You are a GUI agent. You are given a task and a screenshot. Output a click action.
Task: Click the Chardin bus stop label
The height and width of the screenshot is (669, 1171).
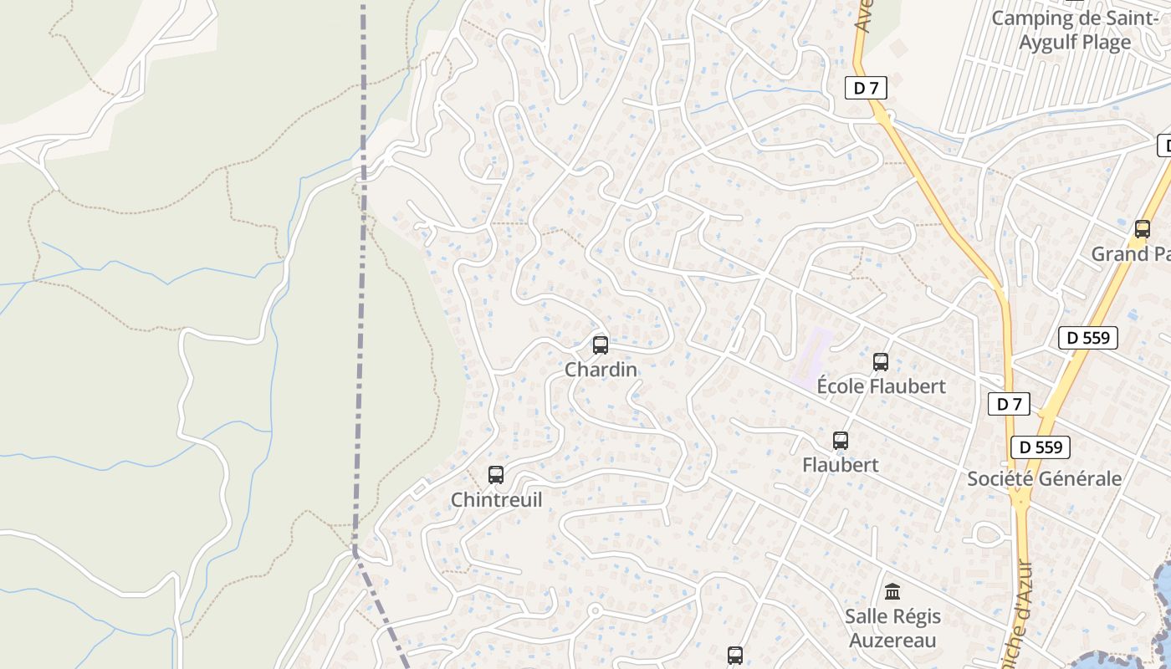[601, 370]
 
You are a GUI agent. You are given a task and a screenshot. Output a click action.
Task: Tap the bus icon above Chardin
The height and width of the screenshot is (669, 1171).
[601, 345]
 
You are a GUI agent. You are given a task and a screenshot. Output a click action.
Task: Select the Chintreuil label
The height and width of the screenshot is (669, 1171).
[496, 500]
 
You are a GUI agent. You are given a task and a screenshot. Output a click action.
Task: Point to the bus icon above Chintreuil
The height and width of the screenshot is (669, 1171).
[496, 475]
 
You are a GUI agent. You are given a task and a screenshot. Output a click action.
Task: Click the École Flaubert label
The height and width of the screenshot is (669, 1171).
[881, 386]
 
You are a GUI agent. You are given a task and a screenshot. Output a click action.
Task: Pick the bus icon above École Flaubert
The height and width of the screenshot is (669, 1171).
[881, 362]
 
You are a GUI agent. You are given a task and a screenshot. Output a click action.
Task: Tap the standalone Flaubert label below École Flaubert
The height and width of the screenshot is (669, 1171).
[841, 465]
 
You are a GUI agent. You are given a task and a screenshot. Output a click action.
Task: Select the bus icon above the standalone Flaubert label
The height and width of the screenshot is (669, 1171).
[841, 441]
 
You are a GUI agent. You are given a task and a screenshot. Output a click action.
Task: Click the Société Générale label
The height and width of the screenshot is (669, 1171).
[1044, 479]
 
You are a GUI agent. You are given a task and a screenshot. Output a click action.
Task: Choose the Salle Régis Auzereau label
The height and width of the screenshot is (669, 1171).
[892, 628]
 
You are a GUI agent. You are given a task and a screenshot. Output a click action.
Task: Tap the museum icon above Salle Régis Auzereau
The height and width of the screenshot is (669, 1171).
[892, 592]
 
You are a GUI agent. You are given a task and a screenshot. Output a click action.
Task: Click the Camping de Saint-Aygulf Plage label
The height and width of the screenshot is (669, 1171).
[1074, 30]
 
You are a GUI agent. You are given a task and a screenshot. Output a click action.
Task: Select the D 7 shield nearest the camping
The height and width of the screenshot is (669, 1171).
[865, 88]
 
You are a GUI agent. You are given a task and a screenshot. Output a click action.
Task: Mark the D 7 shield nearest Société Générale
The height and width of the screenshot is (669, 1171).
[1010, 405]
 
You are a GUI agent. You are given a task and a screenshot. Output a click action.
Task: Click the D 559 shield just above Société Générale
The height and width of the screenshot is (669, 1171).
[1040, 447]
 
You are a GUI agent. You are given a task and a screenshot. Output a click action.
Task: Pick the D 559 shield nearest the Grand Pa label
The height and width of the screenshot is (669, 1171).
[1088, 338]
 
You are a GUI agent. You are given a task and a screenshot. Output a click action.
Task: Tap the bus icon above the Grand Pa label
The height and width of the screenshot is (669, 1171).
[1143, 229]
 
